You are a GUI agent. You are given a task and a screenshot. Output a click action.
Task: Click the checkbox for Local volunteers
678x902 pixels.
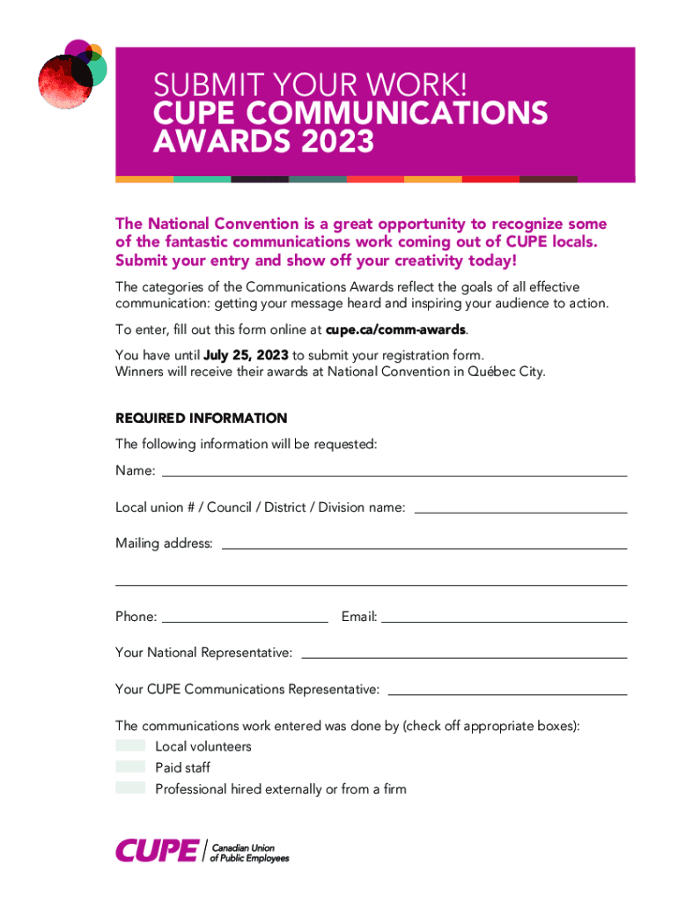130,746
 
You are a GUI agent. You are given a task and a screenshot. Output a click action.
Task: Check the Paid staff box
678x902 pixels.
130,767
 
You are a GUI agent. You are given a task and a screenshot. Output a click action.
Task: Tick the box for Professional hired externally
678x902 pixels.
130,788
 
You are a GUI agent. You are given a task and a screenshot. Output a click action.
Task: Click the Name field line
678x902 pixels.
394,474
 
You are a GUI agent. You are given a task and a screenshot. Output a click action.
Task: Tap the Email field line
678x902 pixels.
505,620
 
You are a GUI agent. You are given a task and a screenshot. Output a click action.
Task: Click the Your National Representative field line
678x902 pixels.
464,656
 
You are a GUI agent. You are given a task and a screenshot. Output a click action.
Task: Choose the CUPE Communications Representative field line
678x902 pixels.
505,693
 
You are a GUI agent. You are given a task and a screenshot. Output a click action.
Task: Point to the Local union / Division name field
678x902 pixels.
520,510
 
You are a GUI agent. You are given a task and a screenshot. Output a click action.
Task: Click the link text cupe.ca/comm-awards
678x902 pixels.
395,330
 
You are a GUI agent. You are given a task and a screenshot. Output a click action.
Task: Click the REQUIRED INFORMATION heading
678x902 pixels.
201,418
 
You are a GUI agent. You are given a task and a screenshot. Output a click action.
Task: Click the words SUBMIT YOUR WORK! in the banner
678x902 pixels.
309,85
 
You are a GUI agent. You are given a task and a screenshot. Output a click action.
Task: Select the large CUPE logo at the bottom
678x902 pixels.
157,851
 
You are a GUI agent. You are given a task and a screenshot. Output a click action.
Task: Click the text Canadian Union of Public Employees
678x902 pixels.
250,852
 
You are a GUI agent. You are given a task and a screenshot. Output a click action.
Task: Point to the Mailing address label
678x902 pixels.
164,543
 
